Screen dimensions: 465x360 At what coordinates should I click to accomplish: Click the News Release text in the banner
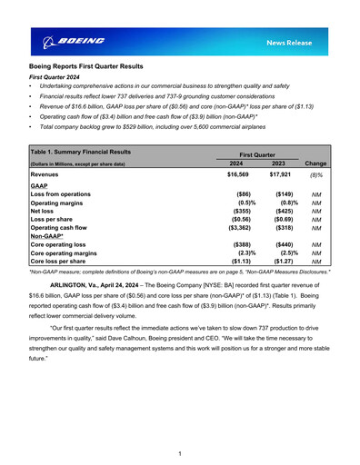coord(293,43)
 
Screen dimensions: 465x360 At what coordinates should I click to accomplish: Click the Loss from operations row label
coord(65,194)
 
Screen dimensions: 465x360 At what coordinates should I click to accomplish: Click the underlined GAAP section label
coord(40,184)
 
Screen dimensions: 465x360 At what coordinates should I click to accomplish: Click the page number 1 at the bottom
coord(180,453)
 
